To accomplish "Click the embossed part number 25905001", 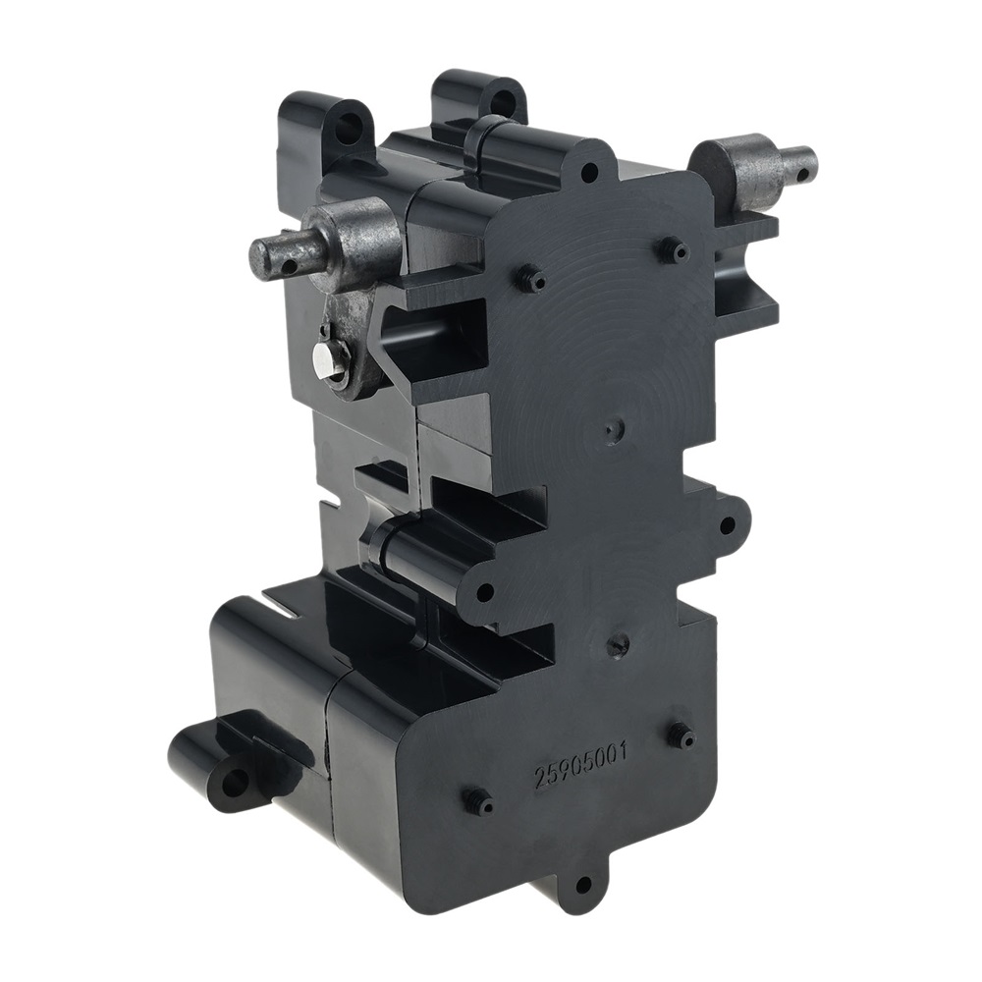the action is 580,766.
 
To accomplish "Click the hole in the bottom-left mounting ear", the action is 237,781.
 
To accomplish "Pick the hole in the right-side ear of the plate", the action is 727,523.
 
